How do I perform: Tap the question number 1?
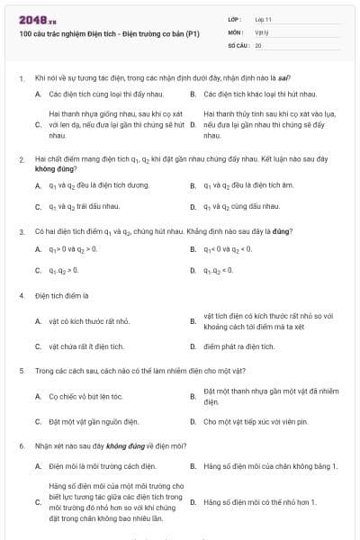pyautogui.click(x=21, y=78)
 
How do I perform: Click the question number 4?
pyautogui.click(x=21, y=295)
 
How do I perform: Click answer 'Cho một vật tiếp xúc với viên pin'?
pyautogui.click(x=256, y=421)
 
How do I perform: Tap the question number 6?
pyautogui.click(x=21, y=445)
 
